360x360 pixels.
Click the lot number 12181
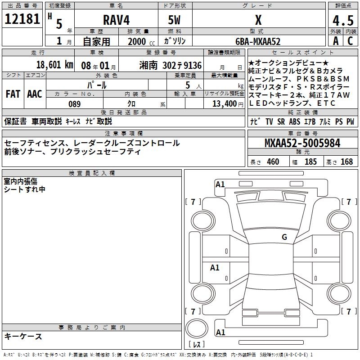click(x=22, y=19)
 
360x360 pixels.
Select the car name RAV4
click(x=117, y=20)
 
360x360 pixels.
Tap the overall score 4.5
click(x=343, y=20)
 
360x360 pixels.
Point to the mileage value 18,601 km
click(x=55, y=65)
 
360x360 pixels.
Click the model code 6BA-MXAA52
click(x=258, y=41)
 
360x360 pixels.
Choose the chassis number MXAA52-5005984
click(x=302, y=143)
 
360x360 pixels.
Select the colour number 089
click(x=75, y=104)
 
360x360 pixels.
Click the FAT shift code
click(x=13, y=94)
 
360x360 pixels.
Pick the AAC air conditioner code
click(x=35, y=94)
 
